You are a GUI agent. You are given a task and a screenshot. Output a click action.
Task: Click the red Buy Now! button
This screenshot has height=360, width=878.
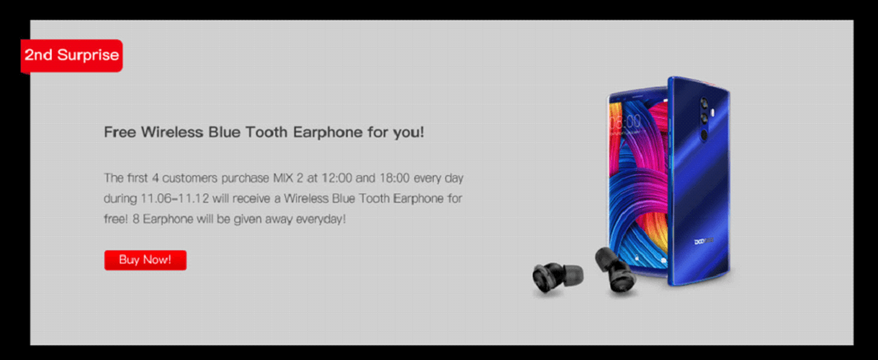point(145,260)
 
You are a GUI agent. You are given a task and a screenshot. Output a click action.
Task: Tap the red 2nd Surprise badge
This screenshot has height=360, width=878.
point(72,56)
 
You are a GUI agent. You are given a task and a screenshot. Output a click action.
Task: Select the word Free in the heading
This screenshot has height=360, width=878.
point(119,132)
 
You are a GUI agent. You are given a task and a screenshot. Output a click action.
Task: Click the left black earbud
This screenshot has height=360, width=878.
point(558,277)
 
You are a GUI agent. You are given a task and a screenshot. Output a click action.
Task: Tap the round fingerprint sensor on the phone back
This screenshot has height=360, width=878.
point(702,136)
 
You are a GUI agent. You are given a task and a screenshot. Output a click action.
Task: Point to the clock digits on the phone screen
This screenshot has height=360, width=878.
point(625,122)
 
